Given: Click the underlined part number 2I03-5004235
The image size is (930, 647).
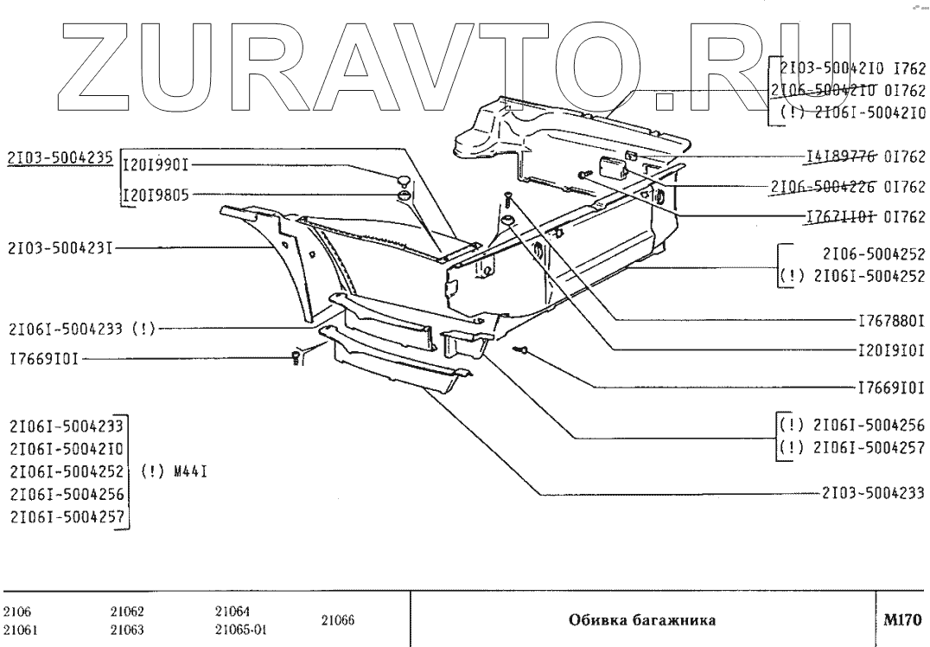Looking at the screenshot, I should [59, 156].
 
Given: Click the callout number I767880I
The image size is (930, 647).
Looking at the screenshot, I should [890, 320].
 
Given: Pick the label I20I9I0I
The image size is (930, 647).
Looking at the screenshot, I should [890, 350].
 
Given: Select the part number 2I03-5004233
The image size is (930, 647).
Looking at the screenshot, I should [872, 494].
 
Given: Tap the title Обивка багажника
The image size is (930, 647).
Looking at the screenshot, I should [640, 619].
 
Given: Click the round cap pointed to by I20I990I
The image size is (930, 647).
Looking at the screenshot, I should [403, 179].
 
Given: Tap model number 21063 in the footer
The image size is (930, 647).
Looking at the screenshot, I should [128, 628].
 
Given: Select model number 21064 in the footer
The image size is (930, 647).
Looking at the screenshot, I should [230, 611].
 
